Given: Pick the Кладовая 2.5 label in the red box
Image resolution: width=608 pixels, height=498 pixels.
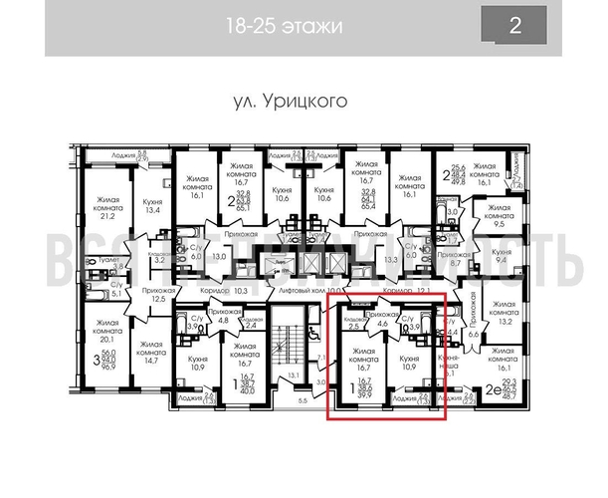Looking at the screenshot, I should pyautogui.click(x=352, y=322).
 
